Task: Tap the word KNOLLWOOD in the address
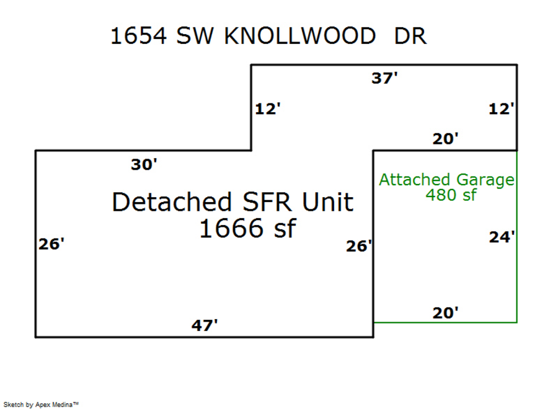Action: tap(299, 36)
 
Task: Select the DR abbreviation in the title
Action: tap(410, 36)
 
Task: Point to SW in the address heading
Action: tap(195, 36)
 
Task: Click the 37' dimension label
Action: tap(384, 79)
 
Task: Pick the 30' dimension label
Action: tap(144, 165)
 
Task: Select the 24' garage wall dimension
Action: tap(502, 237)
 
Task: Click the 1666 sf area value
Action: tap(247, 229)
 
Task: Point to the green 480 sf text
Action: tap(451, 195)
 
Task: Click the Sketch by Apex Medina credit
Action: tap(41, 404)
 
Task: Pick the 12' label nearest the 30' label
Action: tap(268, 110)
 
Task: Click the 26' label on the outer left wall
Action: tap(51, 244)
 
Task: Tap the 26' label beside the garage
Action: tap(359, 247)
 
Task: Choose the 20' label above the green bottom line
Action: tap(446, 313)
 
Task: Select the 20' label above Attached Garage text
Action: tap(446, 139)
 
